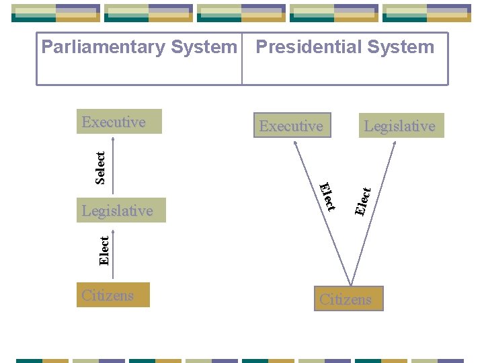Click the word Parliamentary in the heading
coord(104,47)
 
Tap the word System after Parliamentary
coord(204,47)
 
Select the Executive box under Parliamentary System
coord(119,122)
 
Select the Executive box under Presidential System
coord(292,126)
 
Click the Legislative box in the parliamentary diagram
coord(122,210)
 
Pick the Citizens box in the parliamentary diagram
coord(113,295)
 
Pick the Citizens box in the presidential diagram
coord(349,299)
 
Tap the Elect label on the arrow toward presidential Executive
coord(327,196)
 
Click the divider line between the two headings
coord(241,59)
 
